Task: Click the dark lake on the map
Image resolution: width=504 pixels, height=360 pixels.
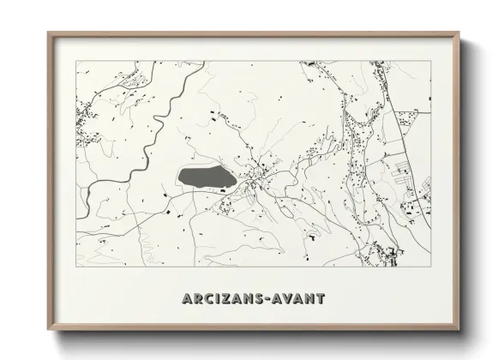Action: [207, 177]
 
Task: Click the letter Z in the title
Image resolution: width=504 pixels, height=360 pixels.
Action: [226, 299]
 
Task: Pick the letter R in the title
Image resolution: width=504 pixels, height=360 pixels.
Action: [199, 299]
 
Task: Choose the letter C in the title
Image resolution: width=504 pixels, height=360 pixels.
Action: [210, 299]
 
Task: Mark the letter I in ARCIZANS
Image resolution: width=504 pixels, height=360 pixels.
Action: [219, 299]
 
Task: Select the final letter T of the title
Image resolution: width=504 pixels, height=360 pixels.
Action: [321, 299]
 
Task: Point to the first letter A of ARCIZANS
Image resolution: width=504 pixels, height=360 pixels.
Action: [187, 299]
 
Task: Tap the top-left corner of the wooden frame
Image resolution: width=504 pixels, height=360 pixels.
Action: [48, 33]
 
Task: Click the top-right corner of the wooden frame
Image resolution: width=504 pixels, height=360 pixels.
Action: [459, 33]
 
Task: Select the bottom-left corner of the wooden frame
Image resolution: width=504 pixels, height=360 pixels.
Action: [48, 331]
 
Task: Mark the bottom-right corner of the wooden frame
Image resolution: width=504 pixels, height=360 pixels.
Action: [459, 331]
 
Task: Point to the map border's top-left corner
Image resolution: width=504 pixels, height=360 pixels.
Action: [76, 61]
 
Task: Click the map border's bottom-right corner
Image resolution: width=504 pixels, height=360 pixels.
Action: [430, 267]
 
